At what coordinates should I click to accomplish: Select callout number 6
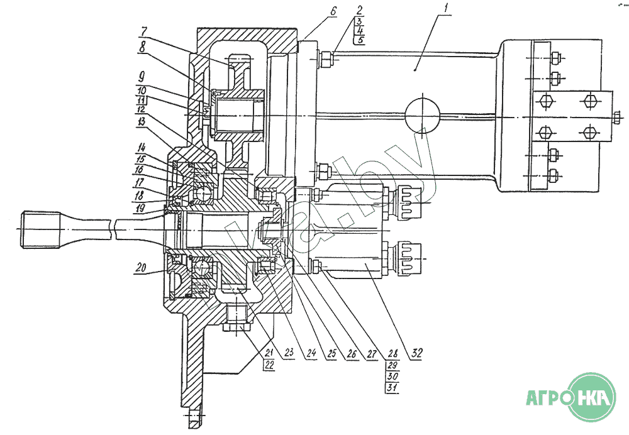coord(334,11)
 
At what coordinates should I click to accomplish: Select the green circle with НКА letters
coord(593,397)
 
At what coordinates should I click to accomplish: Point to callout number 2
coord(359,11)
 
